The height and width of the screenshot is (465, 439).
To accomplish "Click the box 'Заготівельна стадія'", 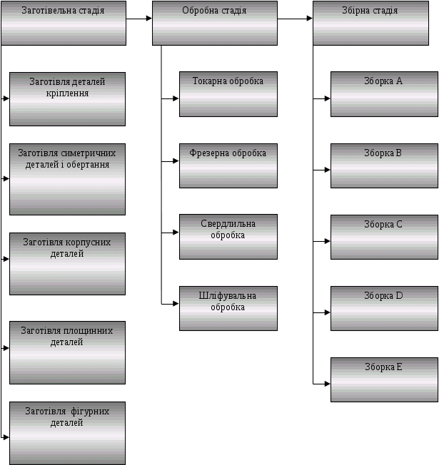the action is click(x=64, y=23).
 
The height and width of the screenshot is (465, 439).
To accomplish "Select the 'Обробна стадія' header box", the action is click(x=215, y=23).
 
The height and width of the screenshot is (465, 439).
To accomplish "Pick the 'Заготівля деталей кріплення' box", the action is click(x=68, y=98).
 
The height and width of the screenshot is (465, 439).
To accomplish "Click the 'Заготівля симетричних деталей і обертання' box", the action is click(x=68, y=179).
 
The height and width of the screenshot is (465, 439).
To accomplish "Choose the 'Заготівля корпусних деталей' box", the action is click(x=68, y=263).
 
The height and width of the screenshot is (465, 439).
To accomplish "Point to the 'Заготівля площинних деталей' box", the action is click(x=68, y=352).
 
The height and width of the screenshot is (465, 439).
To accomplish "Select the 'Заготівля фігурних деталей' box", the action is click(x=68, y=433).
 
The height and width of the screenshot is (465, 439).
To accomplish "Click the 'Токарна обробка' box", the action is click(x=228, y=93).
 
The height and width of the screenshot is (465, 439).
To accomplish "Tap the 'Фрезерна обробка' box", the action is click(x=228, y=165).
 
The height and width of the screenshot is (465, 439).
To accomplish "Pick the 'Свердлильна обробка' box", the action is click(x=228, y=237).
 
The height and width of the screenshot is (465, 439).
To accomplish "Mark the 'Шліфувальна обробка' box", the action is click(x=228, y=308).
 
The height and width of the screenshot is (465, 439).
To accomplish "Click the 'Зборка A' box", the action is click(x=384, y=93).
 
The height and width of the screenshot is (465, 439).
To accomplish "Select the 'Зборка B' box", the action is click(x=384, y=165).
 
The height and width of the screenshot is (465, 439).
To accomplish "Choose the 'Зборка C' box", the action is click(x=384, y=237).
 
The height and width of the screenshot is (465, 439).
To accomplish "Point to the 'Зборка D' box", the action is click(x=384, y=308).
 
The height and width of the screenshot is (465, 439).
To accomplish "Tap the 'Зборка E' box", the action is click(x=384, y=379).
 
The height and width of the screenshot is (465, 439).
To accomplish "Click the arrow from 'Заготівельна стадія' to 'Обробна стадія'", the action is click(x=139, y=19).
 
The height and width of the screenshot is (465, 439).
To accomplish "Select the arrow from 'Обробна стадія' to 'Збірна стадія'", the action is click(x=295, y=19).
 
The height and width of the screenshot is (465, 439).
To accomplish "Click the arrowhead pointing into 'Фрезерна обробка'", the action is click(x=175, y=162).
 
